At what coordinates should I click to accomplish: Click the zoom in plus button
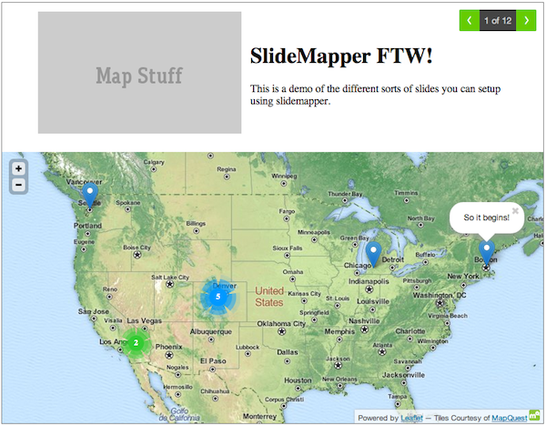pyautogui.click(x=18, y=168)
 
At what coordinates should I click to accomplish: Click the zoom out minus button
pyautogui.click(x=18, y=186)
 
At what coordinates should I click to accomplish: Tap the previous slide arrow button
pyautogui.click(x=469, y=19)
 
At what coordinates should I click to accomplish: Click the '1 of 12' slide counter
pyautogui.click(x=497, y=19)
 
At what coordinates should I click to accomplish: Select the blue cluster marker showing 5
pyautogui.click(x=217, y=297)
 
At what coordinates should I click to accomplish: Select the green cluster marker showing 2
pyautogui.click(x=136, y=343)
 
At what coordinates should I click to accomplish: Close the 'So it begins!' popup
pyautogui.click(x=515, y=210)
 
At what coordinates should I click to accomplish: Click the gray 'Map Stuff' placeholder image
pyautogui.click(x=139, y=73)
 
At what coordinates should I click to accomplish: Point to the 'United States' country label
pyautogui.click(x=269, y=297)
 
